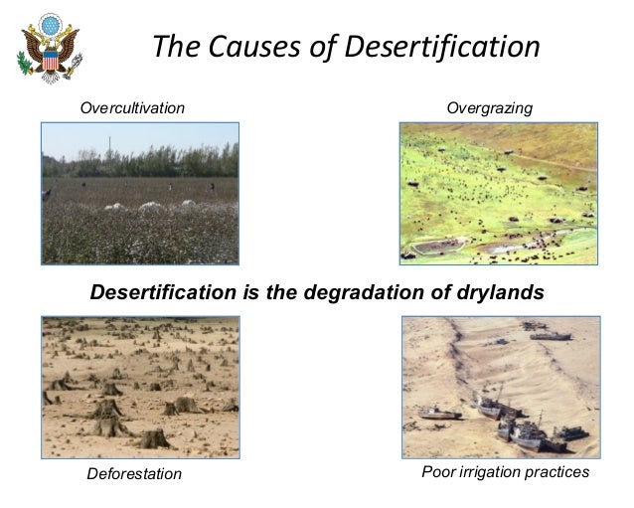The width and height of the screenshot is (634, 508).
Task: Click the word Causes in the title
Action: point(246,47)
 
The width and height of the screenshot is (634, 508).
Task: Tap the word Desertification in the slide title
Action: point(443,47)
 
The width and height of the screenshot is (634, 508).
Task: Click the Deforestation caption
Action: point(134,474)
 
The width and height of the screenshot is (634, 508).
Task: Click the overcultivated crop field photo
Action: point(139,193)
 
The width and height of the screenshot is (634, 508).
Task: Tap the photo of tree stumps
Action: point(139,386)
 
